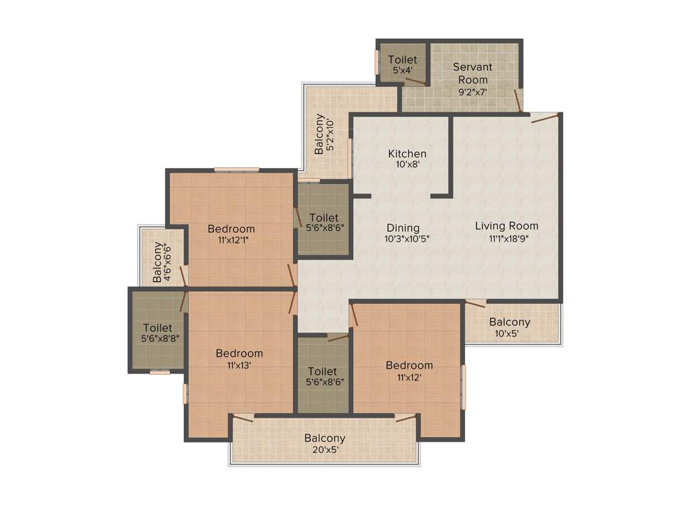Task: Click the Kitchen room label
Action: [x=407, y=154]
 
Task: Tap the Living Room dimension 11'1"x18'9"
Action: [x=506, y=238]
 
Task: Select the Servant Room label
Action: [x=472, y=73]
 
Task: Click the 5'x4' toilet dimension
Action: [x=402, y=70]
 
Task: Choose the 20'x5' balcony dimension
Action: [x=324, y=450]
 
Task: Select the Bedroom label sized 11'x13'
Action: [x=239, y=353]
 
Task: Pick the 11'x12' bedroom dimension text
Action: [x=409, y=377]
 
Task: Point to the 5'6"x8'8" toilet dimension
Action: [x=157, y=339]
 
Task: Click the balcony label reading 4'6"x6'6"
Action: [x=159, y=262]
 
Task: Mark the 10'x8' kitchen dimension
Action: [x=407, y=165]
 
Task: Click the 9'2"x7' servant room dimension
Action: [x=472, y=92]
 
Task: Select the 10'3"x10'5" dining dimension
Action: [x=407, y=238]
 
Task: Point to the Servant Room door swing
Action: [x=517, y=100]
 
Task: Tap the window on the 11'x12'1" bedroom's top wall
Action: [x=236, y=169]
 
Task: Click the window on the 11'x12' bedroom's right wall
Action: [x=464, y=386]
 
